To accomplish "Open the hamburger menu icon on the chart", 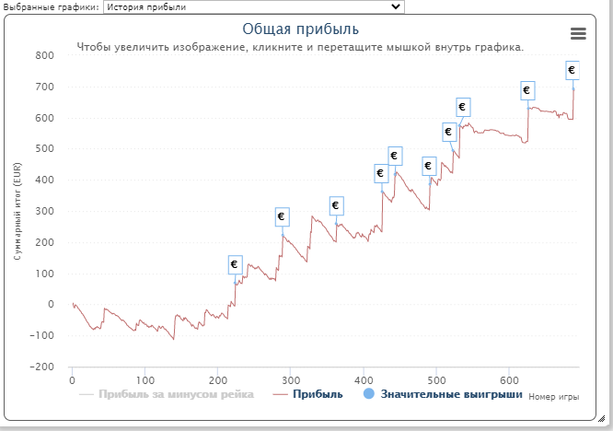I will click(x=578, y=33).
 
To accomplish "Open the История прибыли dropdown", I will click(x=253, y=6).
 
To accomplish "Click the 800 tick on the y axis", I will click(x=44, y=56).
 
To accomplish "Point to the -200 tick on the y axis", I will click(x=40, y=367).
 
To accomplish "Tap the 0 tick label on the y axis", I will click(x=51, y=305).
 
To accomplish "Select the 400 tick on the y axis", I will click(x=44, y=181).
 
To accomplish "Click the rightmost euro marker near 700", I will click(x=573, y=70).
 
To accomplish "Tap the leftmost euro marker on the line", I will click(x=234, y=264).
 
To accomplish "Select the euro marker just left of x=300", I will click(x=282, y=217).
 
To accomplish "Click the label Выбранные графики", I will click(x=50, y=6).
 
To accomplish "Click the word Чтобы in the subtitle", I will click(x=95, y=46).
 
